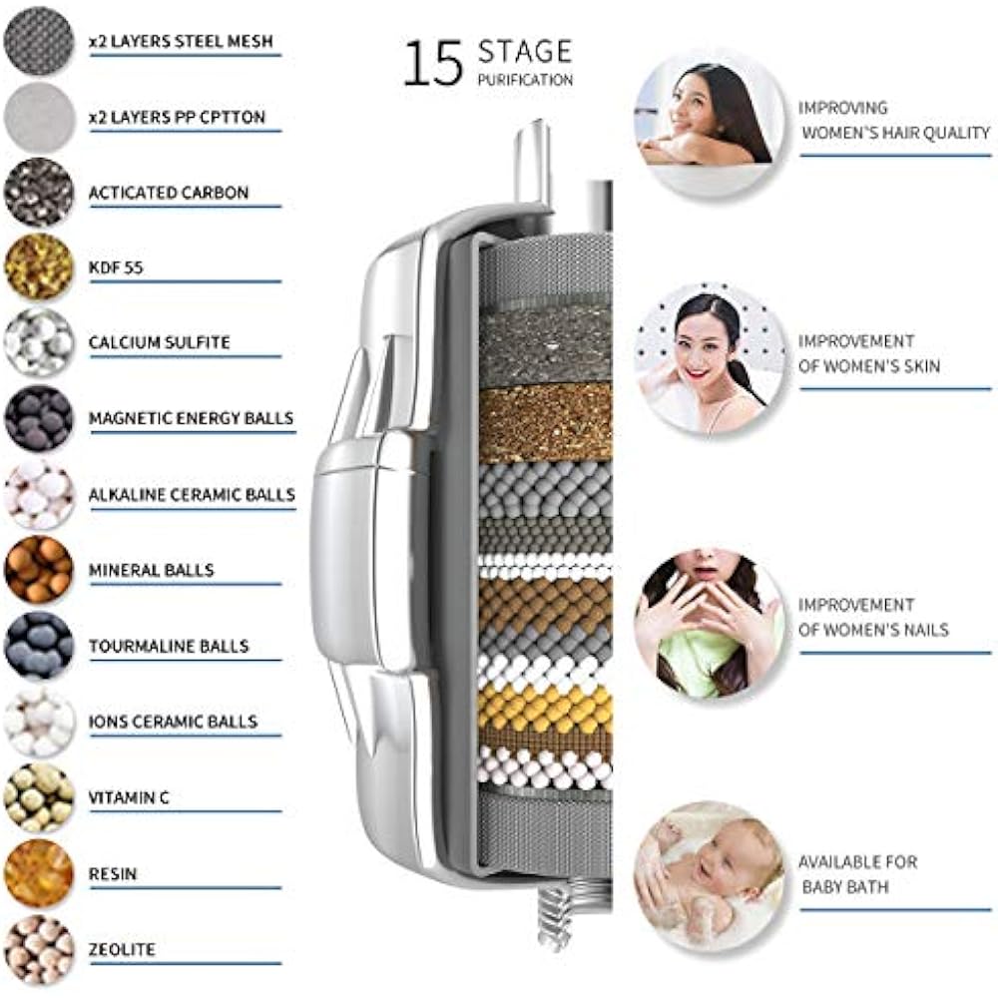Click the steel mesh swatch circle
[x=39, y=41]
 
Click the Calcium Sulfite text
[x=160, y=342]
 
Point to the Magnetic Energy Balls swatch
[x=39, y=418]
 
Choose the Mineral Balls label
[x=151, y=570]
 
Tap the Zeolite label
[x=123, y=949]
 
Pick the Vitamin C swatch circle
[x=39, y=797]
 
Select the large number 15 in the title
[x=433, y=63]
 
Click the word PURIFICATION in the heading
[x=525, y=80]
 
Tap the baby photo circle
[x=710, y=875]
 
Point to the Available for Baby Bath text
[x=857, y=874]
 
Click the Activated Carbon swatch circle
[x=39, y=192]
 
